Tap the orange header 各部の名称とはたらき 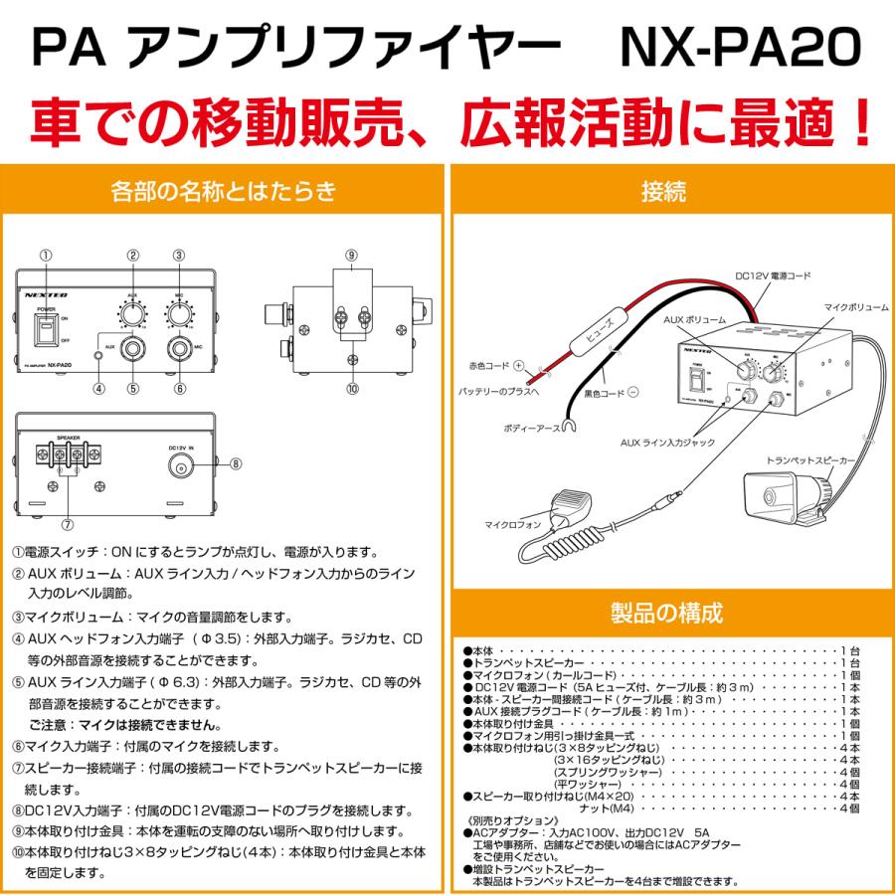[225, 189]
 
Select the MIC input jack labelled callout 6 [179, 350]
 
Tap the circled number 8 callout [235, 462]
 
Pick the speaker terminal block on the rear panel [68, 458]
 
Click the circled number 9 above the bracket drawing [350, 255]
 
